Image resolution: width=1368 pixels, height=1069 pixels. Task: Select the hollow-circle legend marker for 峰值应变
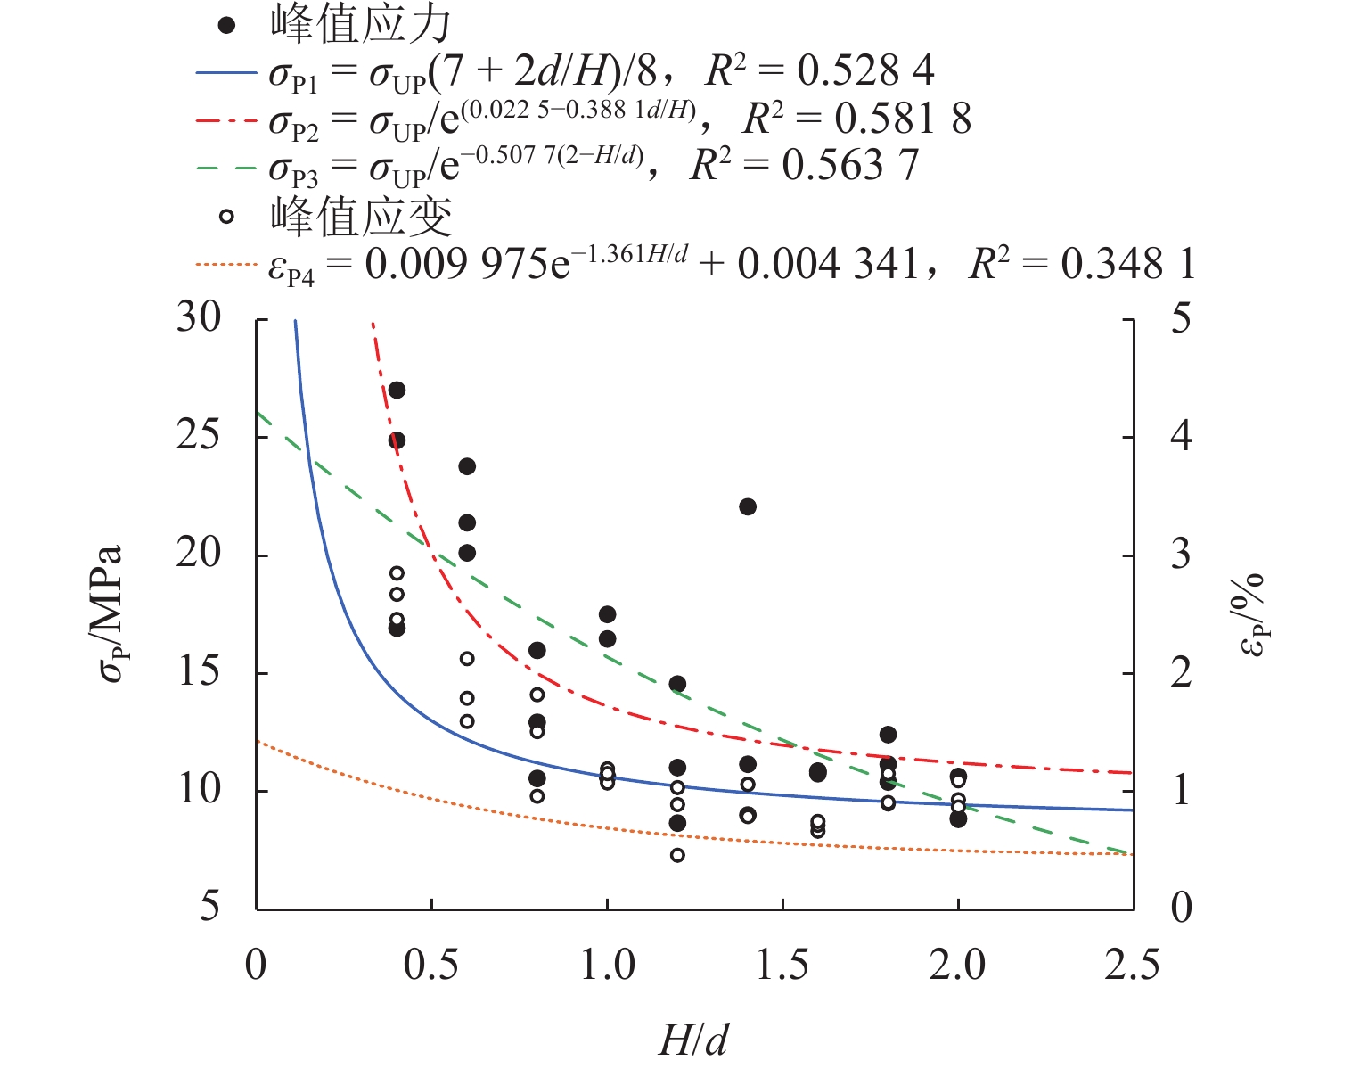coord(227,216)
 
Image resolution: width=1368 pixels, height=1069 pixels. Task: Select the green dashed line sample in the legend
coord(226,167)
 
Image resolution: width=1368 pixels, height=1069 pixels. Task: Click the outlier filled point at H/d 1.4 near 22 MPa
coord(748,506)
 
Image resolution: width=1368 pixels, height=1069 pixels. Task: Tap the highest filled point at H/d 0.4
coord(397,390)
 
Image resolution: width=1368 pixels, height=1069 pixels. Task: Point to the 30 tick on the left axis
coord(198,318)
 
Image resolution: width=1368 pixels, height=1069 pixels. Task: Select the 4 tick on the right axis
coord(1182,437)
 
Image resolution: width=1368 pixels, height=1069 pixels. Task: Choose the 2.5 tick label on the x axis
coord(1133,966)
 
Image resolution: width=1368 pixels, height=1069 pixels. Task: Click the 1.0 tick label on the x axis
coord(607,966)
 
